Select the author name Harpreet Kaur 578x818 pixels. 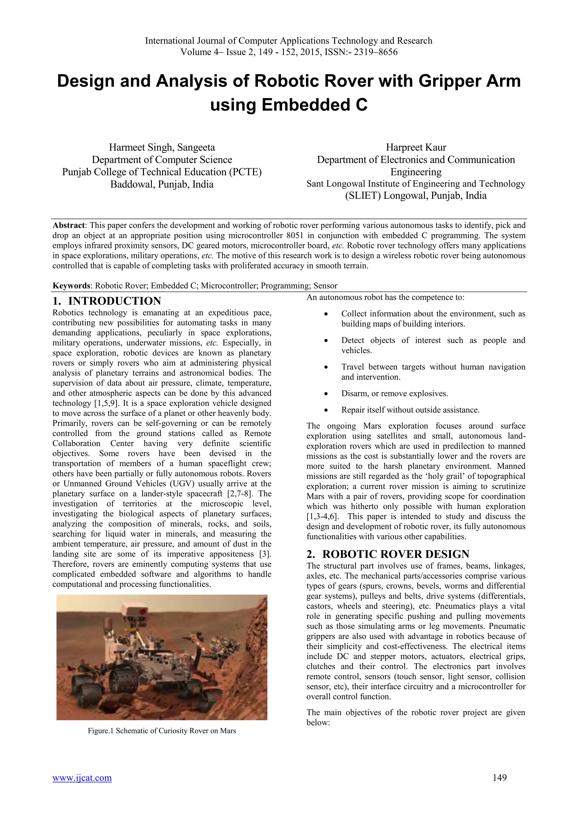(416, 147)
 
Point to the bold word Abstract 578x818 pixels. (69, 225)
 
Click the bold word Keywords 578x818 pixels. (71, 286)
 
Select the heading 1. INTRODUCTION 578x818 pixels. (107, 301)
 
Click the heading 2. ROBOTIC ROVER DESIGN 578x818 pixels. (388, 554)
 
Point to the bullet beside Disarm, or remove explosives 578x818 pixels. (326, 394)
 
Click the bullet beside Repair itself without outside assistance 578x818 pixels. (326, 410)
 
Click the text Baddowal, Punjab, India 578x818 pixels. (162, 184)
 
